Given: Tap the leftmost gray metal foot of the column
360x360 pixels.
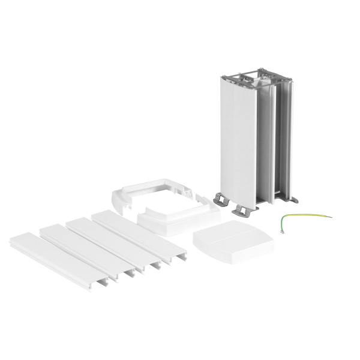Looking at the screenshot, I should point(221,197).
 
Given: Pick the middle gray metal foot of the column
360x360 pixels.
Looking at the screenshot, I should point(245,208).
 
